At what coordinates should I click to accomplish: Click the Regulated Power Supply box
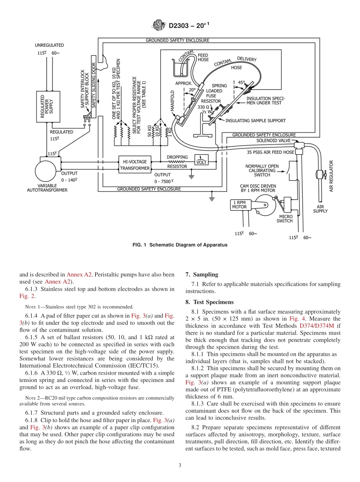tap(48, 106)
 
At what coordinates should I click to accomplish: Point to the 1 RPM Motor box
tap(239, 205)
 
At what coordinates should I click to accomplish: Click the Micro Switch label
tap(285, 219)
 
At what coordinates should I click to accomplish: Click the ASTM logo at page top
tap(158, 25)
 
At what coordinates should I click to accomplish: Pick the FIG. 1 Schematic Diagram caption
tap(180, 245)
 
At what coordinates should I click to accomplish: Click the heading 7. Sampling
tap(202, 274)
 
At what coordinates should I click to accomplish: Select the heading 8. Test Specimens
tap(209, 302)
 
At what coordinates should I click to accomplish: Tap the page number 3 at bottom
tap(180, 465)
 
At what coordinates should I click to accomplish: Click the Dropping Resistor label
tap(177, 161)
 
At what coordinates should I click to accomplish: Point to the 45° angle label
tap(241, 82)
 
